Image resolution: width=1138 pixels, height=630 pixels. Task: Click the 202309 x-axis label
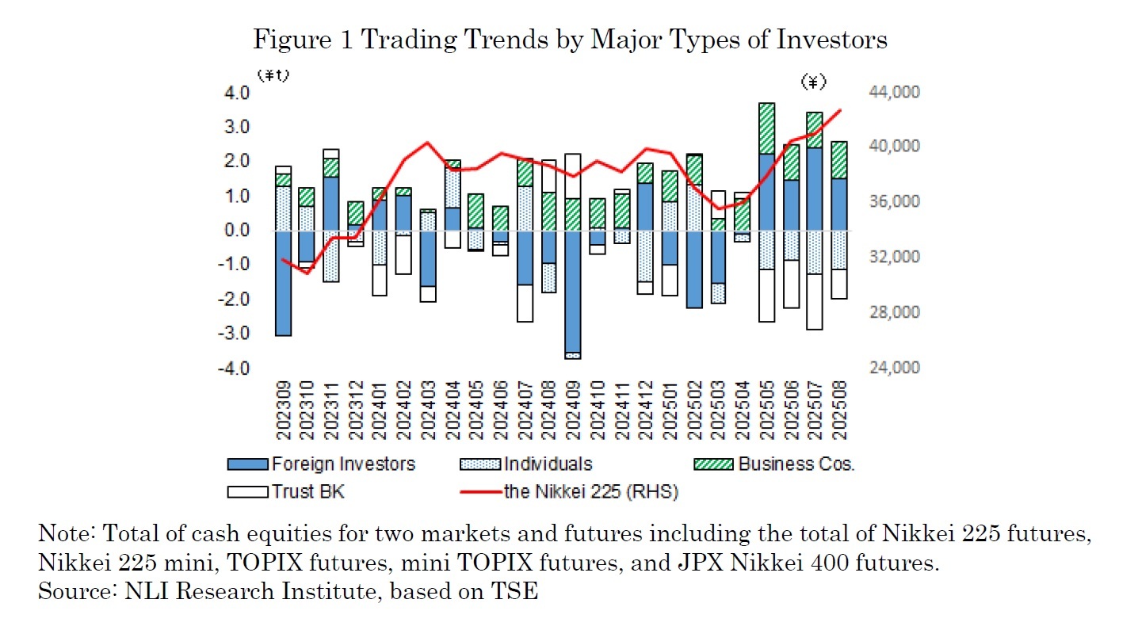[283, 412]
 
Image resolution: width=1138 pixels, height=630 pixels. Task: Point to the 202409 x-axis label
[573, 412]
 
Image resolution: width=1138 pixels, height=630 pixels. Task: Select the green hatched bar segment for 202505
[766, 128]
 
